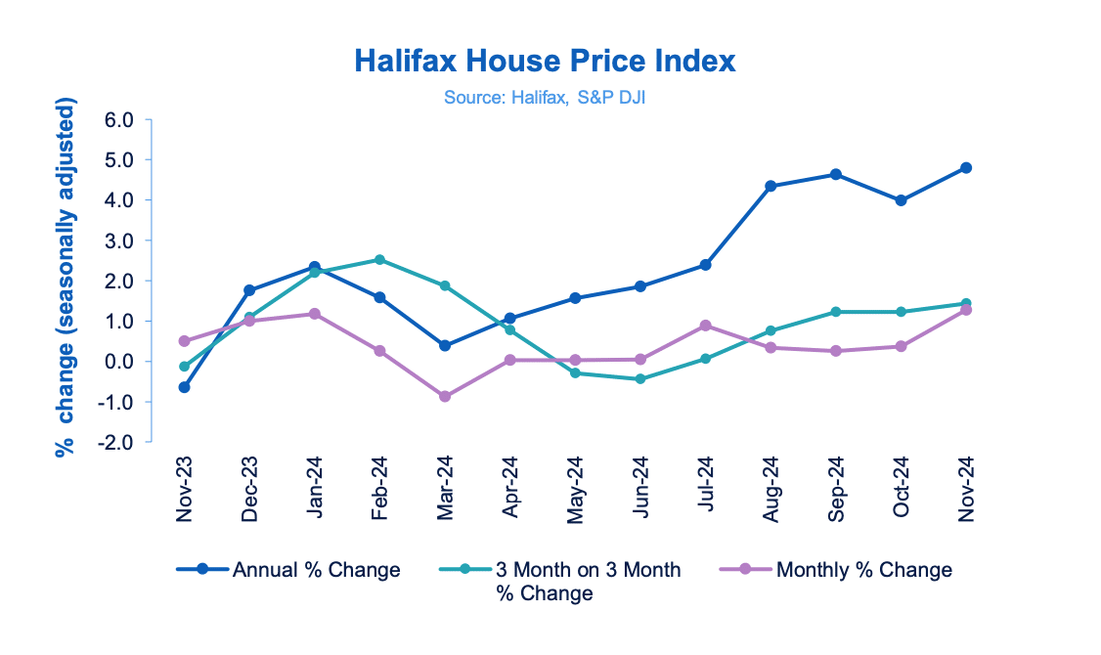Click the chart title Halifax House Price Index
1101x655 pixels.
(x=544, y=62)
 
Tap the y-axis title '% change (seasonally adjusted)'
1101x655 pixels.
(x=66, y=278)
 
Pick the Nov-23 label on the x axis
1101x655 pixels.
(x=184, y=488)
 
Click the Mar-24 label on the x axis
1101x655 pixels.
(x=445, y=488)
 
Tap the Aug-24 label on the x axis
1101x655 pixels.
(x=771, y=488)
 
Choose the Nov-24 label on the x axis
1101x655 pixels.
(x=966, y=488)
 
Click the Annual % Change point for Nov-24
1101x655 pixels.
(x=966, y=168)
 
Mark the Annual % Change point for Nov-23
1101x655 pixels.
(x=184, y=387)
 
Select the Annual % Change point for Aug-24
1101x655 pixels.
(x=771, y=186)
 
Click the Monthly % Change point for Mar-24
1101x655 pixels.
(x=445, y=396)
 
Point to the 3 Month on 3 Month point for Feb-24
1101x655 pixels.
(x=379, y=260)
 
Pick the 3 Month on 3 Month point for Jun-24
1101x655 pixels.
(x=640, y=378)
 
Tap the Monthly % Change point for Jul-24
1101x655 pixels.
(x=705, y=326)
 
